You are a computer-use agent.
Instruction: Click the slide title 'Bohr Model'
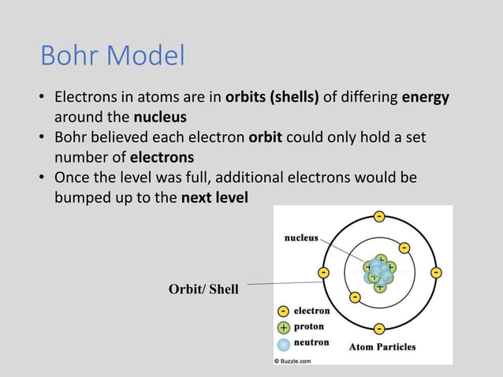113,56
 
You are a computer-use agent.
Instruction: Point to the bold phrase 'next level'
214,198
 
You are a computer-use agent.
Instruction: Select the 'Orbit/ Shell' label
203,289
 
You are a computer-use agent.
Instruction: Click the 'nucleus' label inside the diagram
301,237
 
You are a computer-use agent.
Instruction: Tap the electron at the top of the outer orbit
379,216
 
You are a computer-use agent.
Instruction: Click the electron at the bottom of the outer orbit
379,328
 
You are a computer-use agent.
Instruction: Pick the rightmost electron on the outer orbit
436,273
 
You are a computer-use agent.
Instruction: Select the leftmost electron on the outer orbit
323,273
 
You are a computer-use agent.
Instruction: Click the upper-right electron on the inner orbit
404,248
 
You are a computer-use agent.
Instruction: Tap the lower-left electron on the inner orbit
355,297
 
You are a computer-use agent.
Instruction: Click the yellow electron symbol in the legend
283,312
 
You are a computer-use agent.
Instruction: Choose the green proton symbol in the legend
283,327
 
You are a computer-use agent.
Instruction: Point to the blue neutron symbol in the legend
283,344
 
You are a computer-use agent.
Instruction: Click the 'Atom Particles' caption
382,346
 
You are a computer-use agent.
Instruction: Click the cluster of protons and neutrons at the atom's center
379,272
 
